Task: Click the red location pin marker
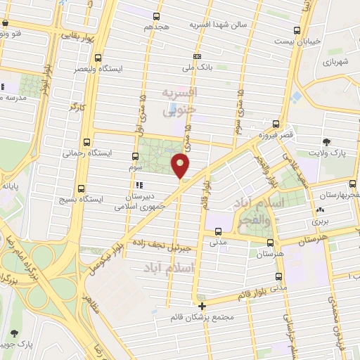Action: pyautogui.click(x=181, y=166)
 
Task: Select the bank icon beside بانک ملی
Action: pyautogui.click(x=198, y=57)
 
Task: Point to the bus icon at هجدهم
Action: pyautogui.click(x=156, y=15)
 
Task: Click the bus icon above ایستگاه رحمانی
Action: pyautogui.click(x=86, y=141)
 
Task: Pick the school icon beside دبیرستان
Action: pyautogui.click(x=138, y=186)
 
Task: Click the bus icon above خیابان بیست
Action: pyautogui.click(x=298, y=30)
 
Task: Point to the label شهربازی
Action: pyautogui.click(x=335, y=63)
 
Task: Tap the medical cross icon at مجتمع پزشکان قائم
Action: pyautogui.click(x=202, y=305)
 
